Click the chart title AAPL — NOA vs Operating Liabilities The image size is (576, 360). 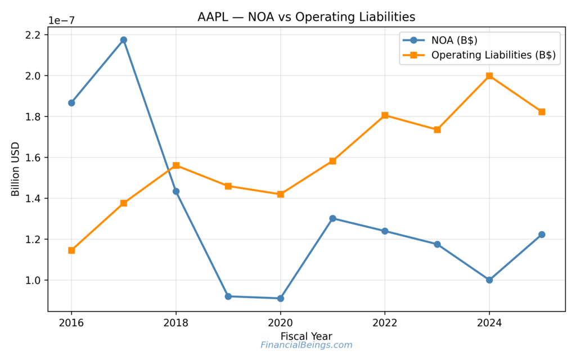(306, 17)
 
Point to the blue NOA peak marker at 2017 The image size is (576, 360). (124, 40)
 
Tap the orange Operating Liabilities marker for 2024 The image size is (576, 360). (489, 76)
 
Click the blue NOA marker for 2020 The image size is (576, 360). (281, 298)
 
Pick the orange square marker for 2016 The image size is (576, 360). (71, 250)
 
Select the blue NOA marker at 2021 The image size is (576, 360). (332, 218)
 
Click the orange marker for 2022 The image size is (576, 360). (385, 115)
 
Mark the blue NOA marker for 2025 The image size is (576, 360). (542, 235)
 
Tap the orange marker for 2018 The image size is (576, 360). (176, 165)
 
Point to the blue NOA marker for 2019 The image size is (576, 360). (228, 296)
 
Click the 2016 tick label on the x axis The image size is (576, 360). (71, 323)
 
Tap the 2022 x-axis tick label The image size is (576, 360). (385, 323)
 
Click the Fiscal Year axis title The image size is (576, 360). (306, 336)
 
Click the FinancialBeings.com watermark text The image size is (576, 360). (306, 345)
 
